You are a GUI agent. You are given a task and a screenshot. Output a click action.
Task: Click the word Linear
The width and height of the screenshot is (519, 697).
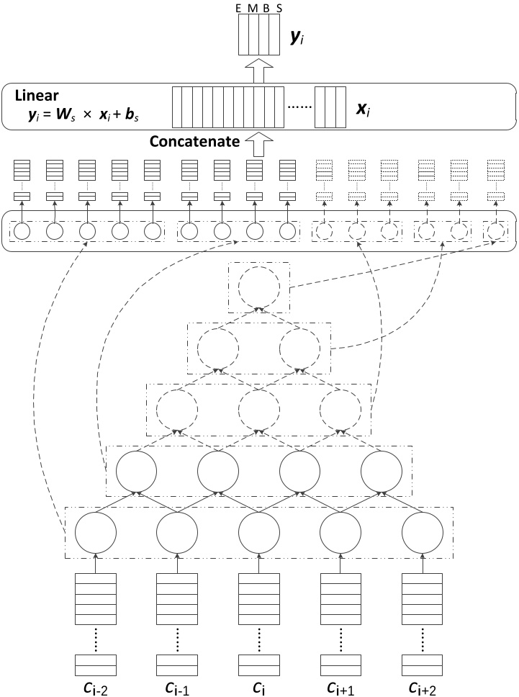(35, 94)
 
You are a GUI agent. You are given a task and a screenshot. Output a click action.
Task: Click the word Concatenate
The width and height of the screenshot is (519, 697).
(194, 142)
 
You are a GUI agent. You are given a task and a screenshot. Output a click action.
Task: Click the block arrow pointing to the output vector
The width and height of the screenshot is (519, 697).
(260, 70)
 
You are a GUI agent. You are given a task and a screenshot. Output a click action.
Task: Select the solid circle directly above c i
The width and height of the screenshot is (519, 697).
(259, 533)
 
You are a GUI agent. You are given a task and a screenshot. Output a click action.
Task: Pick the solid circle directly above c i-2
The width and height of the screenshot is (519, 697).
(96, 533)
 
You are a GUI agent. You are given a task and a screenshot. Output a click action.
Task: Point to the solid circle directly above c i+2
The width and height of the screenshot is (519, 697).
(423, 533)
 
